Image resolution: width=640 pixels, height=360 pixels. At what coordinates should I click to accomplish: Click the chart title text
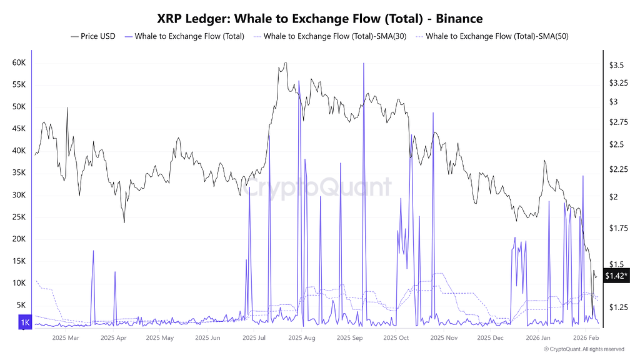tap(319, 19)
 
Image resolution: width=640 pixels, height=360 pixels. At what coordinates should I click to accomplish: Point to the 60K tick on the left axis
tap(18, 63)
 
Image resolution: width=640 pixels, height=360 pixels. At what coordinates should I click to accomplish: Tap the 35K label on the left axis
tap(18, 172)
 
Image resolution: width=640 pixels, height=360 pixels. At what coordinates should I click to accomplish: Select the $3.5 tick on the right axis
tap(617, 65)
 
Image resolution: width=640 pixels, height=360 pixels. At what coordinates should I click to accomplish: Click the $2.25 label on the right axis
tap(619, 169)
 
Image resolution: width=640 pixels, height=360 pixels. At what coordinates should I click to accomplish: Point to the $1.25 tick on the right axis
tap(619, 307)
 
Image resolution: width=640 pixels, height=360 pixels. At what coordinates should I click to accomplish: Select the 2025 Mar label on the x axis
tap(66, 338)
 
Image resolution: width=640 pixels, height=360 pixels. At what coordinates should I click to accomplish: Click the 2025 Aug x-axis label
tap(302, 338)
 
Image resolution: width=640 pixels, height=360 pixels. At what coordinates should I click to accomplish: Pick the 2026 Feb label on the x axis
tap(586, 338)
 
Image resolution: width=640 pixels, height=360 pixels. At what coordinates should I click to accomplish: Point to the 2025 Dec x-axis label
tap(489, 338)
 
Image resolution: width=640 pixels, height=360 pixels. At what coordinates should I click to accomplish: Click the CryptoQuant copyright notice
tap(584, 349)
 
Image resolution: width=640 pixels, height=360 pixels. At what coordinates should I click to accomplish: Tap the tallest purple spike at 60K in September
tap(363, 64)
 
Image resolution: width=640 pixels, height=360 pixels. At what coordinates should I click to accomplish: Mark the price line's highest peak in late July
tap(285, 63)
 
